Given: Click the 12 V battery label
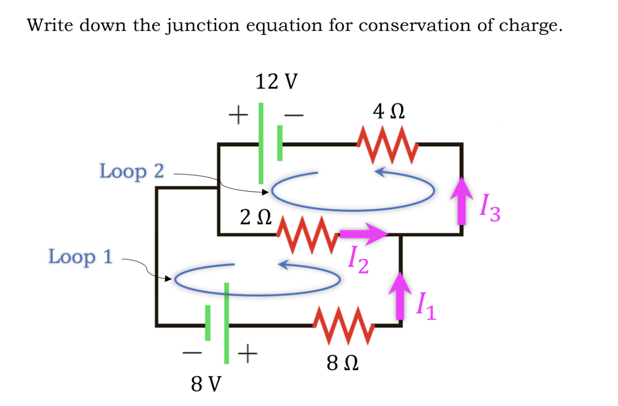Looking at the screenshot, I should [x=276, y=82].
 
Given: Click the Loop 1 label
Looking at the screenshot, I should [x=80, y=257].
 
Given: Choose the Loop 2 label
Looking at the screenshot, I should [x=132, y=171].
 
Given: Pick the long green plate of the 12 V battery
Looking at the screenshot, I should [x=261, y=143].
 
